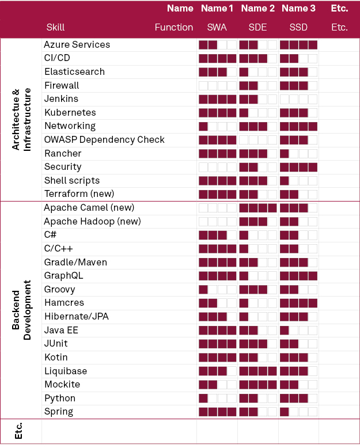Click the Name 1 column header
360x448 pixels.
[x=217, y=9]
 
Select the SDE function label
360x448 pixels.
[x=257, y=28]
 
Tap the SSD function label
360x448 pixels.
[x=298, y=28]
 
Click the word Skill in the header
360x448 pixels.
[x=55, y=28]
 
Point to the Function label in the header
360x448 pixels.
[x=174, y=28]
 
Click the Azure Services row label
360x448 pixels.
[x=77, y=44]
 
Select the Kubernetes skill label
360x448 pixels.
[x=70, y=112]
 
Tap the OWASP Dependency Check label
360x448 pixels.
[x=104, y=140]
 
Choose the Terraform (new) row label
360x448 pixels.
[x=79, y=193]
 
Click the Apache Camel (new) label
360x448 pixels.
[x=89, y=208]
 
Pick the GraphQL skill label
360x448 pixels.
[x=63, y=276]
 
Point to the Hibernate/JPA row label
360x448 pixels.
[x=77, y=317]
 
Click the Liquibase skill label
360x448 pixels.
[x=66, y=371]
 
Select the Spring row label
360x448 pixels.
[x=59, y=412]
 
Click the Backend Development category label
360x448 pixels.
[x=21, y=310]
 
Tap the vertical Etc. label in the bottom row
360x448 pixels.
[x=18, y=431]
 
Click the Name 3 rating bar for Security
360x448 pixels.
[x=298, y=168]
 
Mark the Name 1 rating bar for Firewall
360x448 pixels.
[x=217, y=86]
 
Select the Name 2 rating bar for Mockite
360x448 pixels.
[x=258, y=385]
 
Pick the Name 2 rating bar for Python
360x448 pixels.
[x=258, y=398]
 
